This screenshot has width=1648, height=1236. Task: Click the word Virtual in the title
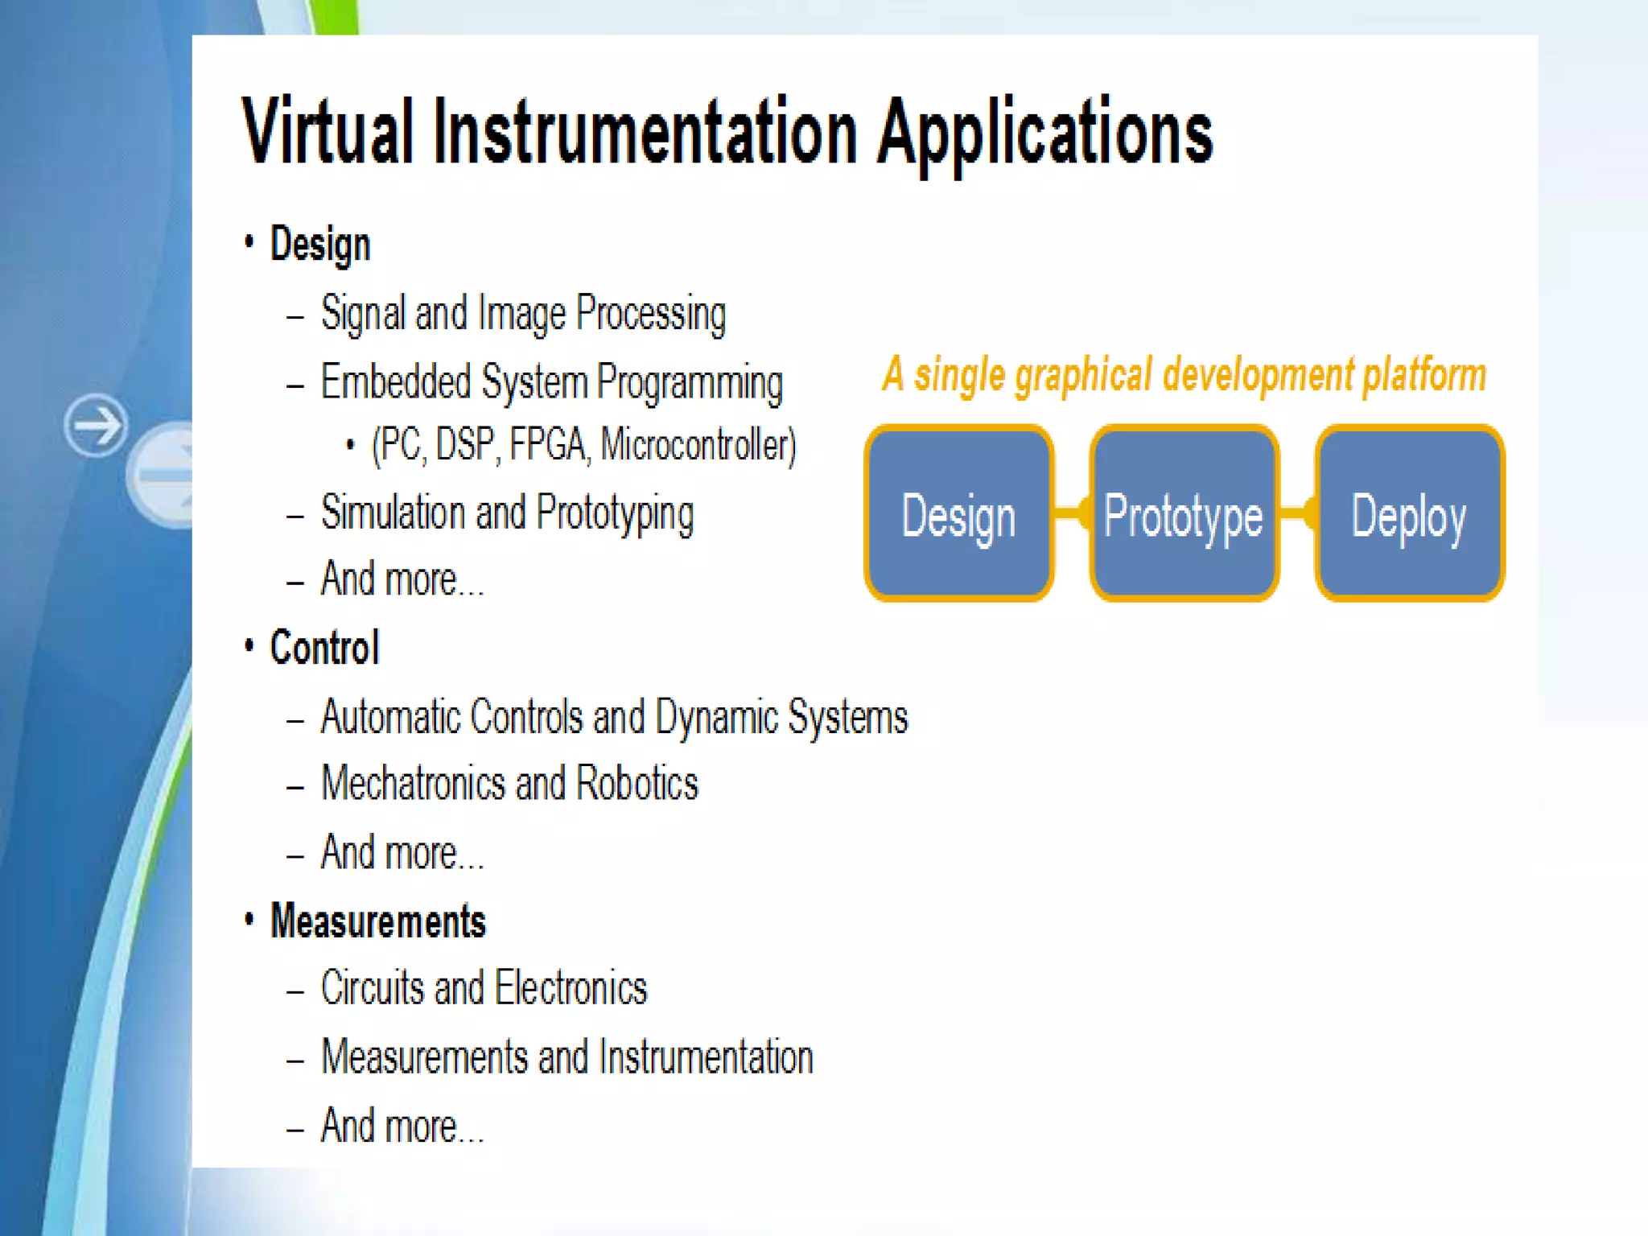[x=328, y=131]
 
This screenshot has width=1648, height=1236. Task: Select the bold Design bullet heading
[x=319, y=244]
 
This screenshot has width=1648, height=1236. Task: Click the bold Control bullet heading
[x=324, y=648]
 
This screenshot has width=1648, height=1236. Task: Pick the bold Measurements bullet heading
[x=377, y=921]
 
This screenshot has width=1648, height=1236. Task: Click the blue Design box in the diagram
[x=958, y=513]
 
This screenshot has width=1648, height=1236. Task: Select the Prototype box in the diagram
[x=1183, y=513]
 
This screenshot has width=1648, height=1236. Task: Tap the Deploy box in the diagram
[x=1408, y=513]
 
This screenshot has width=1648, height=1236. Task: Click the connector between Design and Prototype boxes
[x=1071, y=513]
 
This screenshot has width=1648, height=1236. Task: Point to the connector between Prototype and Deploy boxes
[x=1296, y=513]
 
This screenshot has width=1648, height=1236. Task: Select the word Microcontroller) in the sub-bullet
[x=698, y=445]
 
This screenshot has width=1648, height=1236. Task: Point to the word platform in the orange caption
[x=1423, y=375]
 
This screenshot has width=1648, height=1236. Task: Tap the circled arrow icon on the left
[x=96, y=425]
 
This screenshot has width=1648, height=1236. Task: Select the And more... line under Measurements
[x=402, y=1126]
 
